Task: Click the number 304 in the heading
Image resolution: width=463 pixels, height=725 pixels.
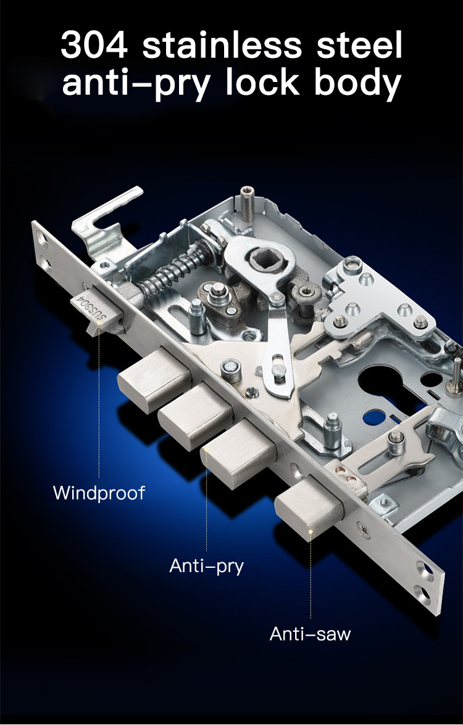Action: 94,45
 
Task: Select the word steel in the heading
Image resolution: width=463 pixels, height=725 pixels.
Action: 360,45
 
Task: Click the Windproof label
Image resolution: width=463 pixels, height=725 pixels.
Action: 99,493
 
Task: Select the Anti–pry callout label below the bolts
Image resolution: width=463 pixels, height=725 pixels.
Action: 206,565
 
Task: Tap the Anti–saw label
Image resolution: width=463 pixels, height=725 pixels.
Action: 310,633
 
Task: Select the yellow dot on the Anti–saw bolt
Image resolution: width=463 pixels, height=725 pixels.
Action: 311,531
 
